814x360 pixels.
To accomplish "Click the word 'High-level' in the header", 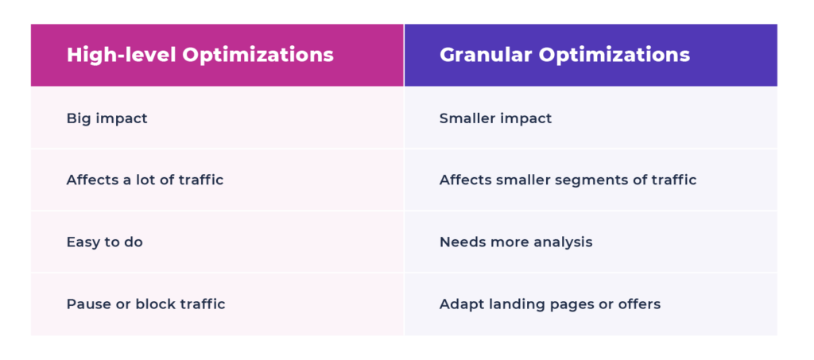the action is click(x=122, y=55).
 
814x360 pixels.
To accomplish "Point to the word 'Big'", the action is click(x=76, y=118).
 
